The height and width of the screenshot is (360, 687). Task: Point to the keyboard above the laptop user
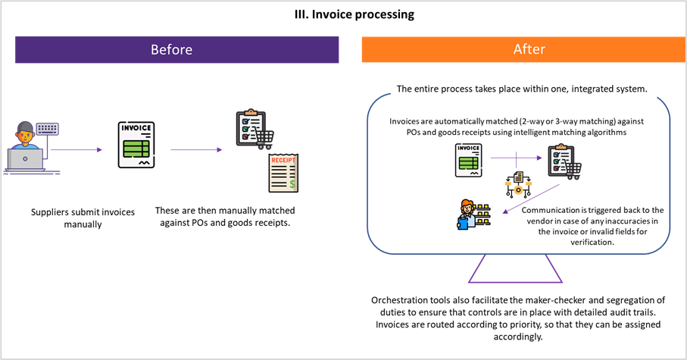tap(48, 130)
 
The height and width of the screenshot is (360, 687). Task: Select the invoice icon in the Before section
tap(136, 145)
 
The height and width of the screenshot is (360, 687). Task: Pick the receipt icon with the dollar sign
tap(283, 173)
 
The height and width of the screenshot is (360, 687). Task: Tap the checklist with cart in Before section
tap(252, 130)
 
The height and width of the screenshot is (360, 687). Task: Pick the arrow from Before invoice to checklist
tap(196, 150)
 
